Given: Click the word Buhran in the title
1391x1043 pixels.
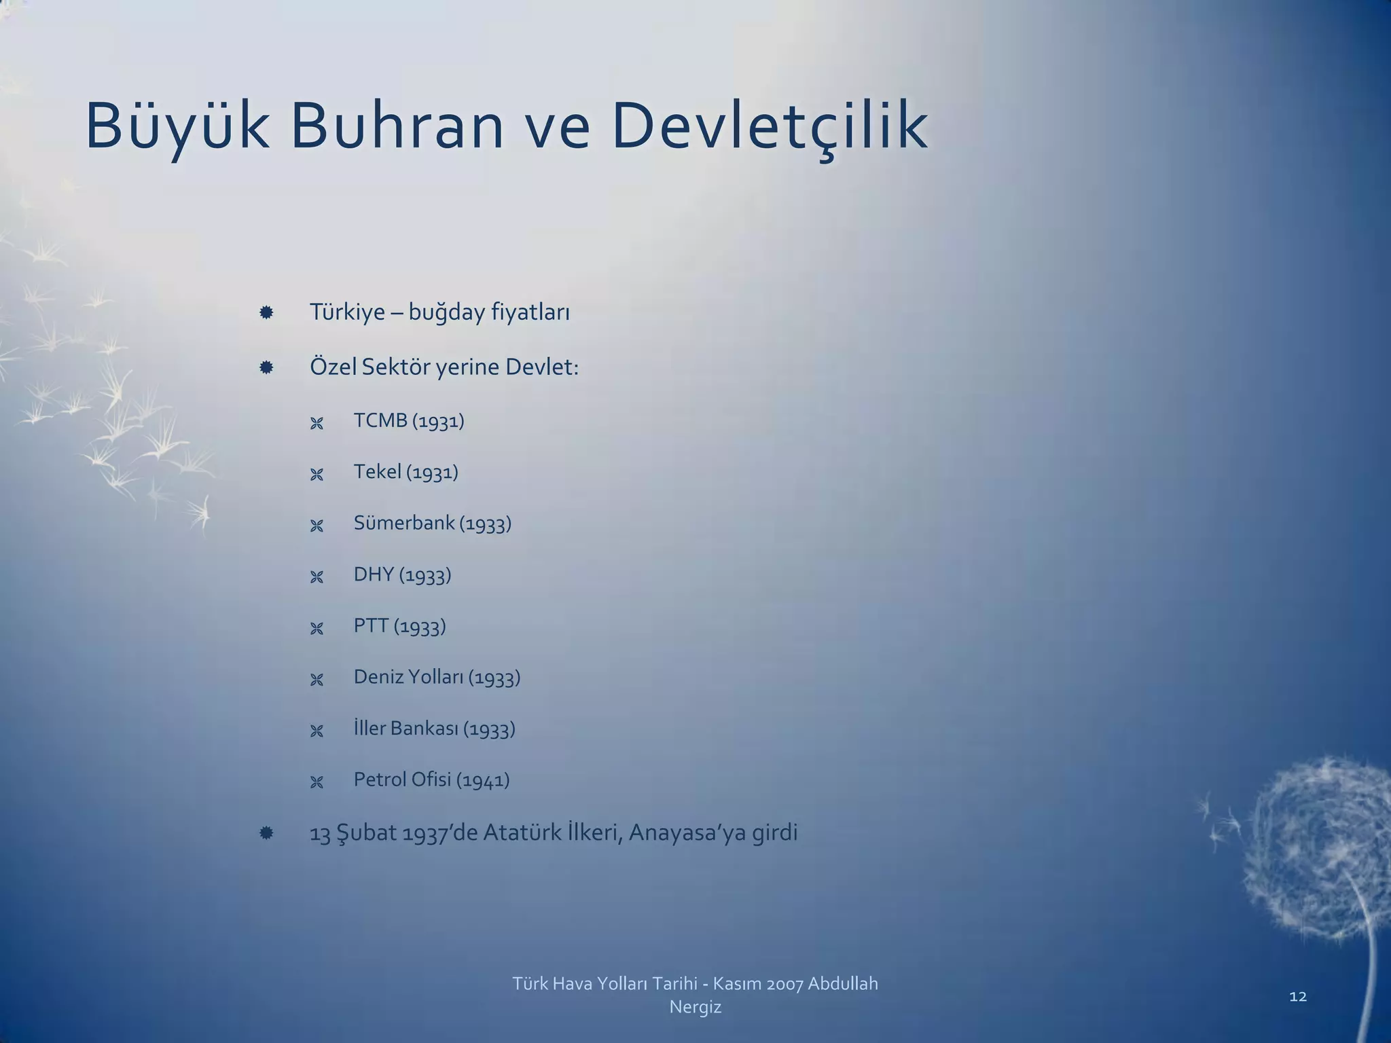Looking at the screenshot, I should (397, 126).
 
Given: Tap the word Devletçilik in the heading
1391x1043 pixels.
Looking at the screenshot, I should (770, 126).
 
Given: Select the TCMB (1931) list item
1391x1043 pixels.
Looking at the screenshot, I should (409, 421).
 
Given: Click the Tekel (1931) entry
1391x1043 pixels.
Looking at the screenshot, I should (405, 472).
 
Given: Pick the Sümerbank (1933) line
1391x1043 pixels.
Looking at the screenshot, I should (432, 524).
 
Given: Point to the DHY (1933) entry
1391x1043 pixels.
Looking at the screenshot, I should (402, 574).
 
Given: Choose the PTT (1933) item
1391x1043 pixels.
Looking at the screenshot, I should (399, 626).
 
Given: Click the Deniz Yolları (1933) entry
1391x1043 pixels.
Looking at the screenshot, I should (437, 677).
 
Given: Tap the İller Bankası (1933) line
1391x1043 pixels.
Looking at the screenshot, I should (434, 729).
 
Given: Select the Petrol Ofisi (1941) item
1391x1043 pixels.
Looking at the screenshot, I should (431, 780).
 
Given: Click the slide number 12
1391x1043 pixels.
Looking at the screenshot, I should (1297, 996).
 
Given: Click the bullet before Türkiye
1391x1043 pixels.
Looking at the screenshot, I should (266, 312).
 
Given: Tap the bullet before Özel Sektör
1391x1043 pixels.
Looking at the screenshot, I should (266, 367).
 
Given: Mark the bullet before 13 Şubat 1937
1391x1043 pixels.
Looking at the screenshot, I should (266, 832).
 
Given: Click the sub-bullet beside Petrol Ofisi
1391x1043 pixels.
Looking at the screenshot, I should (317, 782).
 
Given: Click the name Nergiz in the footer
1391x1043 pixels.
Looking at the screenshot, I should (695, 1007).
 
